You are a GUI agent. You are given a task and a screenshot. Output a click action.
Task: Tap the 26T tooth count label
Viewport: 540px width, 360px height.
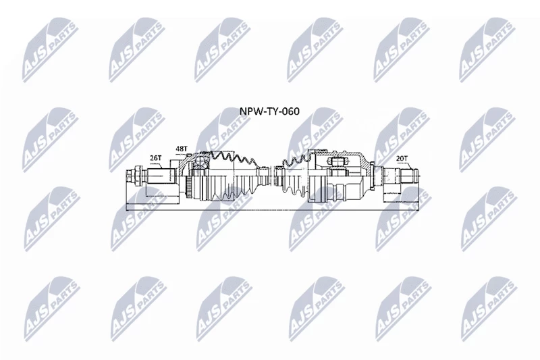[155, 158]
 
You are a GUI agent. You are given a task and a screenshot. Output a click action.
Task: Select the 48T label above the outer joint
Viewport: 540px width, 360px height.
[181, 149]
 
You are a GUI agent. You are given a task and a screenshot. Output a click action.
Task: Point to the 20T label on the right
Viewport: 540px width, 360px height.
[402, 158]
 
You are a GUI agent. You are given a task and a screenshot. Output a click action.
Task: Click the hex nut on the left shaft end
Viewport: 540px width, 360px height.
[137, 176]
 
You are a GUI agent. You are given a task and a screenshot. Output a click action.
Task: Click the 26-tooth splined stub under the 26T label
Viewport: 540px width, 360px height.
[161, 176]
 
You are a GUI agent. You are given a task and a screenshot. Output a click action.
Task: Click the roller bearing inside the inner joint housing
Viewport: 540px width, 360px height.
[337, 161]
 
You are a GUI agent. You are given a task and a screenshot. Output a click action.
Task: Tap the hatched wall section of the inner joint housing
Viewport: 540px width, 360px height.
[365, 162]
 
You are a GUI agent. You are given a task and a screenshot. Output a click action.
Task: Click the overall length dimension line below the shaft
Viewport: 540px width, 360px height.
[273, 209]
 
